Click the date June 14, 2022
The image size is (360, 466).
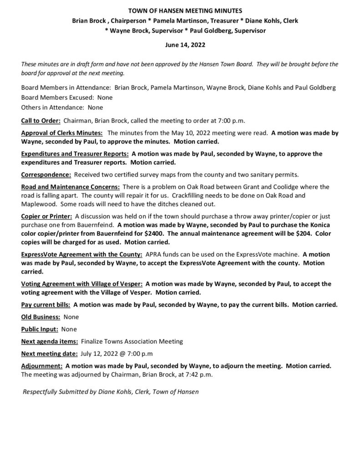click(179, 46)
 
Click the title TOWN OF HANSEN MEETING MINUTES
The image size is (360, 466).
click(180, 10)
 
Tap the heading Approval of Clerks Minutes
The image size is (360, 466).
click(62, 133)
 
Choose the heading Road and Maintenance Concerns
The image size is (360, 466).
click(71, 187)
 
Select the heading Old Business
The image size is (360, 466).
click(41, 316)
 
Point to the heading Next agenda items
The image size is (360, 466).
click(49, 341)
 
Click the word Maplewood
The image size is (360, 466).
click(37, 203)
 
